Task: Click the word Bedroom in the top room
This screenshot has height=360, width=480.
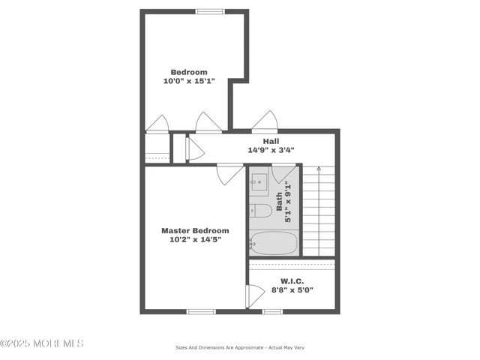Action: [x=189, y=72]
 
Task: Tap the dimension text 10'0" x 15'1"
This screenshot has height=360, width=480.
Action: [x=189, y=81]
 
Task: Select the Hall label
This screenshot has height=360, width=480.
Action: [x=271, y=141]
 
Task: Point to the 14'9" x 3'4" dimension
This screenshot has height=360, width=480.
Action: [x=271, y=150]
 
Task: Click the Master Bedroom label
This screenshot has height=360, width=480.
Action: [x=195, y=231]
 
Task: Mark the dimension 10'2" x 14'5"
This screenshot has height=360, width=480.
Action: [x=195, y=240]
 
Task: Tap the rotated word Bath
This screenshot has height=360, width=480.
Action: [x=279, y=199]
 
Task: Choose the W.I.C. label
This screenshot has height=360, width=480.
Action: [x=292, y=281]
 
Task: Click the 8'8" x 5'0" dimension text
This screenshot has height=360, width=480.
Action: [x=292, y=290]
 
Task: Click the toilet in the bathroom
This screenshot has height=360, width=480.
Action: [x=259, y=210]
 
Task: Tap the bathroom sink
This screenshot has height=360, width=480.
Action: [x=259, y=181]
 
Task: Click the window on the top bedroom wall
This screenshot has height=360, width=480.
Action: [x=209, y=11]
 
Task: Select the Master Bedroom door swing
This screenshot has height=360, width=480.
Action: [x=229, y=174]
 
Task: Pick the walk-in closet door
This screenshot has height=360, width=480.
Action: [x=256, y=296]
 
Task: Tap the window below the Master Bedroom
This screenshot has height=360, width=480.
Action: [x=201, y=311]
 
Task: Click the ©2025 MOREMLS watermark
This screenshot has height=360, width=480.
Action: [x=42, y=343]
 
